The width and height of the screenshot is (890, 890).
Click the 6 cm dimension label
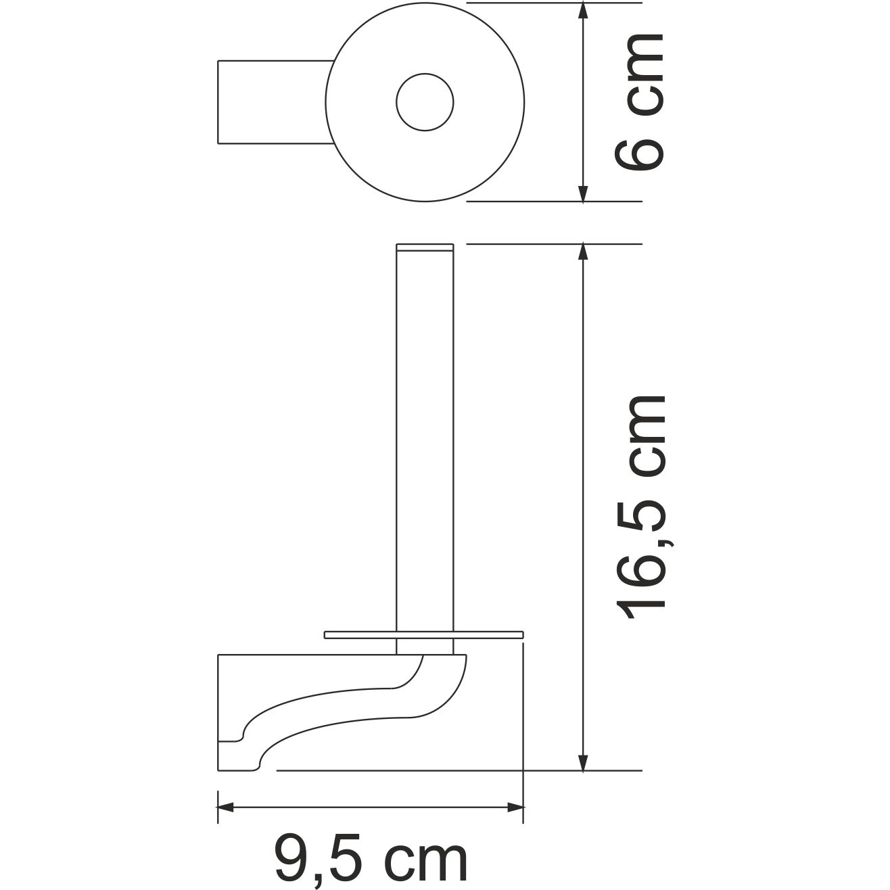tap(639, 101)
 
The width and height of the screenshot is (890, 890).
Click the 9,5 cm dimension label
tap(371, 859)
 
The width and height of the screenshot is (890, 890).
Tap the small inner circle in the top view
tap(425, 103)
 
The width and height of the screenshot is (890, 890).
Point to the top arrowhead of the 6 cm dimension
tap(583, 14)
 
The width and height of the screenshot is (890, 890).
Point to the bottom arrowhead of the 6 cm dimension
tap(583, 191)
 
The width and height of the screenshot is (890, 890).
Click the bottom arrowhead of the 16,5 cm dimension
tap(583, 760)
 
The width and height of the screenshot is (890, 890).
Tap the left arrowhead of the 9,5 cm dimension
tap(227, 807)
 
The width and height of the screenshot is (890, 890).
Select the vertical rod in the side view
tap(425, 440)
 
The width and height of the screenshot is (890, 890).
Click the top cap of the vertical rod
tap(425, 247)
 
